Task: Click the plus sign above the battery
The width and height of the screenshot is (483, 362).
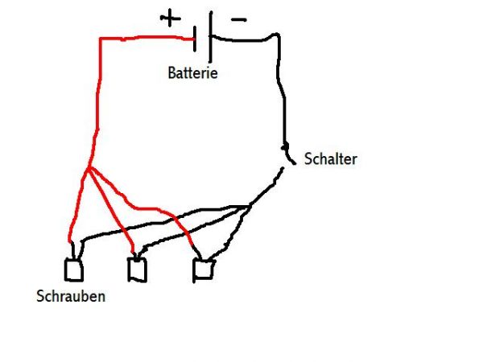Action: (x=170, y=18)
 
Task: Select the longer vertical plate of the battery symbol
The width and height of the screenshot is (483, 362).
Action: (x=210, y=35)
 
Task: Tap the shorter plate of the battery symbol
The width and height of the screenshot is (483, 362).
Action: (x=196, y=35)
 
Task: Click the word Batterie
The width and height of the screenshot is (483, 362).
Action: (x=192, y=73)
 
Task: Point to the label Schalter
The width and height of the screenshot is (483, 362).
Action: (x=330, y=159)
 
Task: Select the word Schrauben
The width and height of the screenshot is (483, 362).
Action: (x=71, y=296)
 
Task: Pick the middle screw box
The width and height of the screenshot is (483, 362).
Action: (x=137, y=269)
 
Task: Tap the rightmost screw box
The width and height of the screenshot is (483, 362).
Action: (x=203, y=269)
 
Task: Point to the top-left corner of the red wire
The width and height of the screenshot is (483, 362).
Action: (x=101, y=38)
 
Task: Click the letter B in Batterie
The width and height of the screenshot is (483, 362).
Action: (x=171, y=73)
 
